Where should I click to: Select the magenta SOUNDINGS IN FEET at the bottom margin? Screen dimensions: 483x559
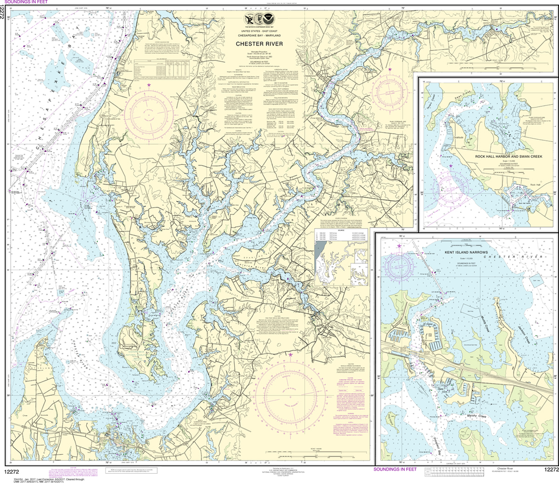tap(395, 469)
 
